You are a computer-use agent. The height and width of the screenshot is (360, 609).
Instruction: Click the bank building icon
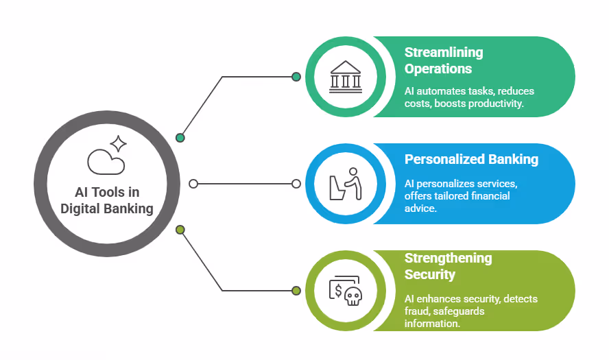(345, 76)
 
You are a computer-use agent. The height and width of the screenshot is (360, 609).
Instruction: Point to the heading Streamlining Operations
(443, 60)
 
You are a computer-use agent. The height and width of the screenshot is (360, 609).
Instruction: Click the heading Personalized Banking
(471, 159)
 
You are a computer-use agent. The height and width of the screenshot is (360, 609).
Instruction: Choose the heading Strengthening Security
(448, 266)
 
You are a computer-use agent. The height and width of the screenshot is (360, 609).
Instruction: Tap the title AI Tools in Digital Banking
(106, 201)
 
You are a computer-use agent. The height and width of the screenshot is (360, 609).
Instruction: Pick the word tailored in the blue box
(458, 196)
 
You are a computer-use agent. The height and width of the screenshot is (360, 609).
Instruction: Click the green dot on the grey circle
(180, 138)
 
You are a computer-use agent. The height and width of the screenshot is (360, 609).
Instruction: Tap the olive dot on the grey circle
(180, 230)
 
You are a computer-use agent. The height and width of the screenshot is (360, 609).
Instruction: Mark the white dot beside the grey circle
(193, 184)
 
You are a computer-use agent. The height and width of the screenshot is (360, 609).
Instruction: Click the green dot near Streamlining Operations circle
(296, 77)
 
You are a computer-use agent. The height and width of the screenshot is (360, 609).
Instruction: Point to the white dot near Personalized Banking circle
(296, 184)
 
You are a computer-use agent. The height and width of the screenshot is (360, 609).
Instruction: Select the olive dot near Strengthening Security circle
(296, 291)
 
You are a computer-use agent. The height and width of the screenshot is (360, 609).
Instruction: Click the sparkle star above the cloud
(118, 143)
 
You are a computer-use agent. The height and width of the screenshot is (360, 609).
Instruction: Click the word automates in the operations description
(440, 91)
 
